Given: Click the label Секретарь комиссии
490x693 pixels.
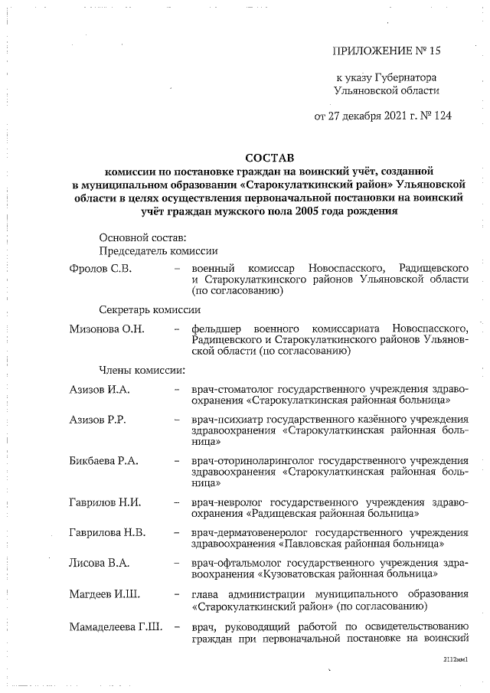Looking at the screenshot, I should [150, 310].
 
